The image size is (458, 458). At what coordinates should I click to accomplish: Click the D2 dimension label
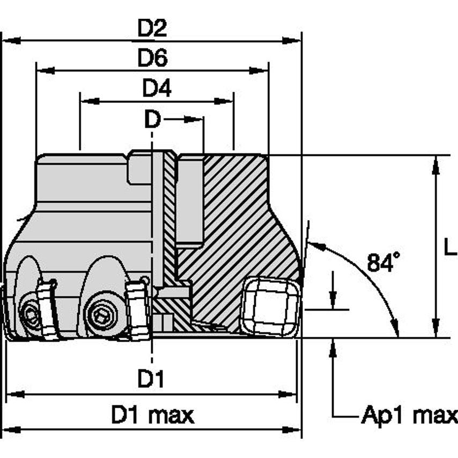click(x=152, y=28)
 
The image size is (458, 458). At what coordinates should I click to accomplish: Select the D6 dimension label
click(x=152, y=58)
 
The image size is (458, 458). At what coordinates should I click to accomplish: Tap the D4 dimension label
click(x=156, y=88)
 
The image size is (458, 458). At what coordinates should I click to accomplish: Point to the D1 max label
click(x=152, y=415)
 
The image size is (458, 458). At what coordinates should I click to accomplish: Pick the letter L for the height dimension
click(x=450, y=246)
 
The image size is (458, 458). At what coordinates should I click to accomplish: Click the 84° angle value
click(x=383, y=262)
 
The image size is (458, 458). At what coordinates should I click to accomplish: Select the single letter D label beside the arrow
click(x=152, y=120)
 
